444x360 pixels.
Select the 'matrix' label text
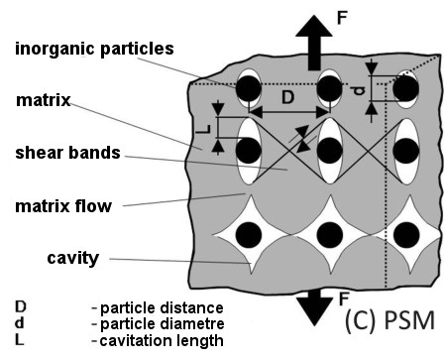tap(44, 100)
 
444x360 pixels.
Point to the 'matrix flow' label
tap(63, 206)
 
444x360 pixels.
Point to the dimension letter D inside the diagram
tap(286, 98)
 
